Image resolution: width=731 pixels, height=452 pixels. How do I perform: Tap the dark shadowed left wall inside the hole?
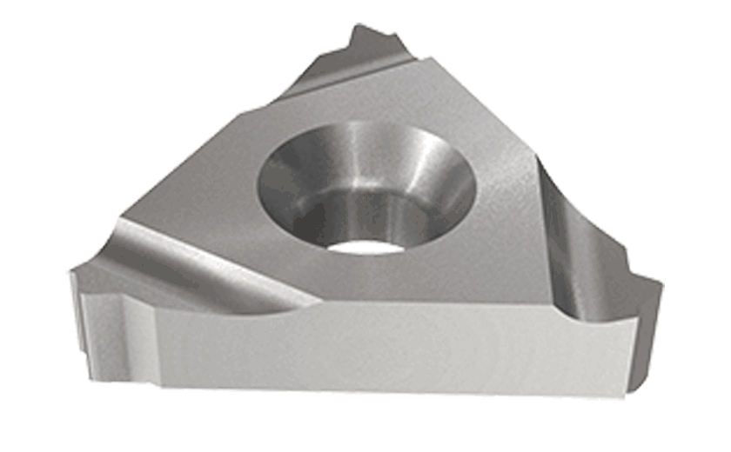[x=287, y=187]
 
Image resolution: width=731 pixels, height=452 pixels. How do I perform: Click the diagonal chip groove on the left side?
[x=200, y=261]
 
